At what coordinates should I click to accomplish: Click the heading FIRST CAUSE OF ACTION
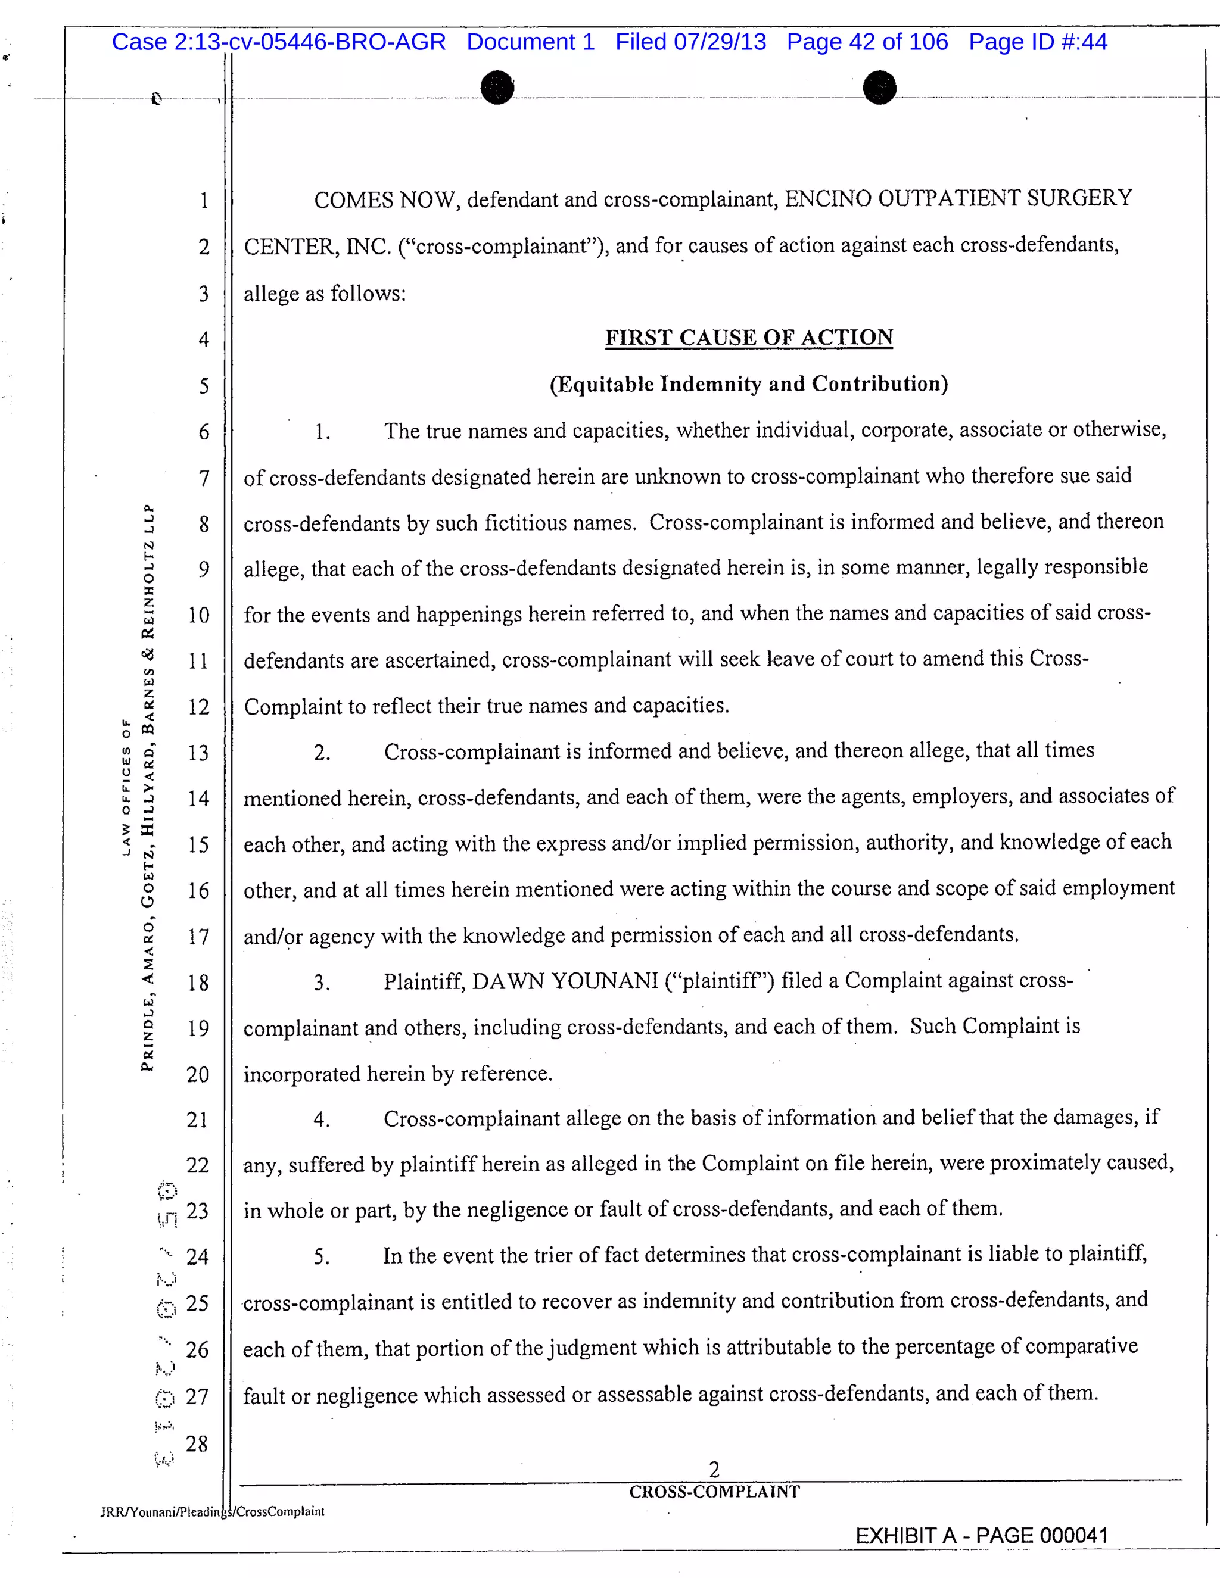point(749,338)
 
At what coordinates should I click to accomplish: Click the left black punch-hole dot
point(497,88)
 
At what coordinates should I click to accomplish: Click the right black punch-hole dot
point(880,88)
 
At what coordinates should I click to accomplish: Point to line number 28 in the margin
point(197,1443)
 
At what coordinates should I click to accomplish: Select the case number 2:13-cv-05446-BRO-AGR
point(310,42)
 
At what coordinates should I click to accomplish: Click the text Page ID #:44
point(1037,42)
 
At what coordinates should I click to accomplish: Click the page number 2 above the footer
point(714,1469)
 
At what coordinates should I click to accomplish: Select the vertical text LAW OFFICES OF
point(126,788)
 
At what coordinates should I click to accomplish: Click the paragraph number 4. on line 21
point(322,1120)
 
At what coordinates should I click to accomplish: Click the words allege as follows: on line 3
point(325,294)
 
